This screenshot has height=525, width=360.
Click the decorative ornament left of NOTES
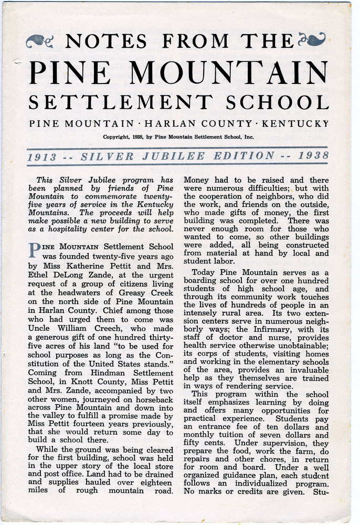coord(40,40)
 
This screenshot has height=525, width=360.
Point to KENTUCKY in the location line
coord(295,124)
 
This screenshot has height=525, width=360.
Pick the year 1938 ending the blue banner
coord(313,156)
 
